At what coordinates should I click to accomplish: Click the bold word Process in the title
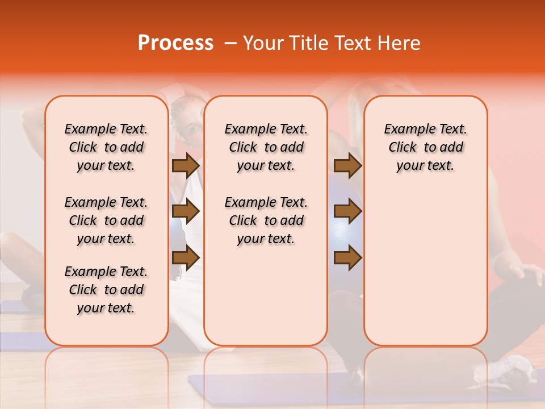(x=175, y=43)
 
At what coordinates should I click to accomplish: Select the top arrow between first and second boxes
(x=185, y=165)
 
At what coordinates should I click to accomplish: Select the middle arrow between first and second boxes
(x=185, y=212)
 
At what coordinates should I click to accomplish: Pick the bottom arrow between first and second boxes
(x=185, y=258)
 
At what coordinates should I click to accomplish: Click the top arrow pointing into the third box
(x=347, y=165)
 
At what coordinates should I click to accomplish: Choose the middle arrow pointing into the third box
(x=347, y=212)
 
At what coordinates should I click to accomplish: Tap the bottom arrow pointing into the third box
(x=347, y=258)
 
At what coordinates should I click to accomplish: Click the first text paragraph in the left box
(x=106, y=147)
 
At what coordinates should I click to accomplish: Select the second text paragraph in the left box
(x=106, y=220)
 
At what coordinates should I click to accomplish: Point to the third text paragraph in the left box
(x=106, y=290)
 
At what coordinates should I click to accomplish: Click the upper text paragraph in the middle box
(x=266, y=147)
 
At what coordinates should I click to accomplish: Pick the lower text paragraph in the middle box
(x=266, y=220)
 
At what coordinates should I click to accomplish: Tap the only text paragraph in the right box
(x=425, y=147)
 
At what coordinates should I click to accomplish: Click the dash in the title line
(x=231, y=44)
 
